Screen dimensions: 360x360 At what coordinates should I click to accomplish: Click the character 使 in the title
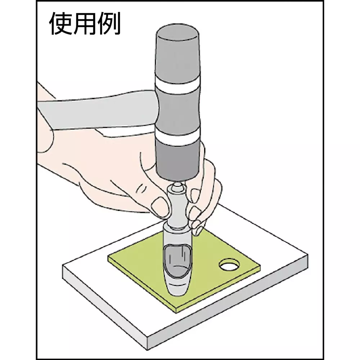[61, 23]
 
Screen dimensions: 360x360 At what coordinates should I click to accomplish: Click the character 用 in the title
[85, 23]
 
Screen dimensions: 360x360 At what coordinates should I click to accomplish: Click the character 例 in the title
[109, 23]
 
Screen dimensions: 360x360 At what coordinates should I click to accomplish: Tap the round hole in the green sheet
[229, 265]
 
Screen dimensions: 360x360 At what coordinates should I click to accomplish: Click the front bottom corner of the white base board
[147, 350]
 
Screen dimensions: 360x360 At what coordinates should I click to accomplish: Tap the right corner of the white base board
[308, 255]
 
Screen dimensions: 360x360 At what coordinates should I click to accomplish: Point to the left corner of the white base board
[63, 266]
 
